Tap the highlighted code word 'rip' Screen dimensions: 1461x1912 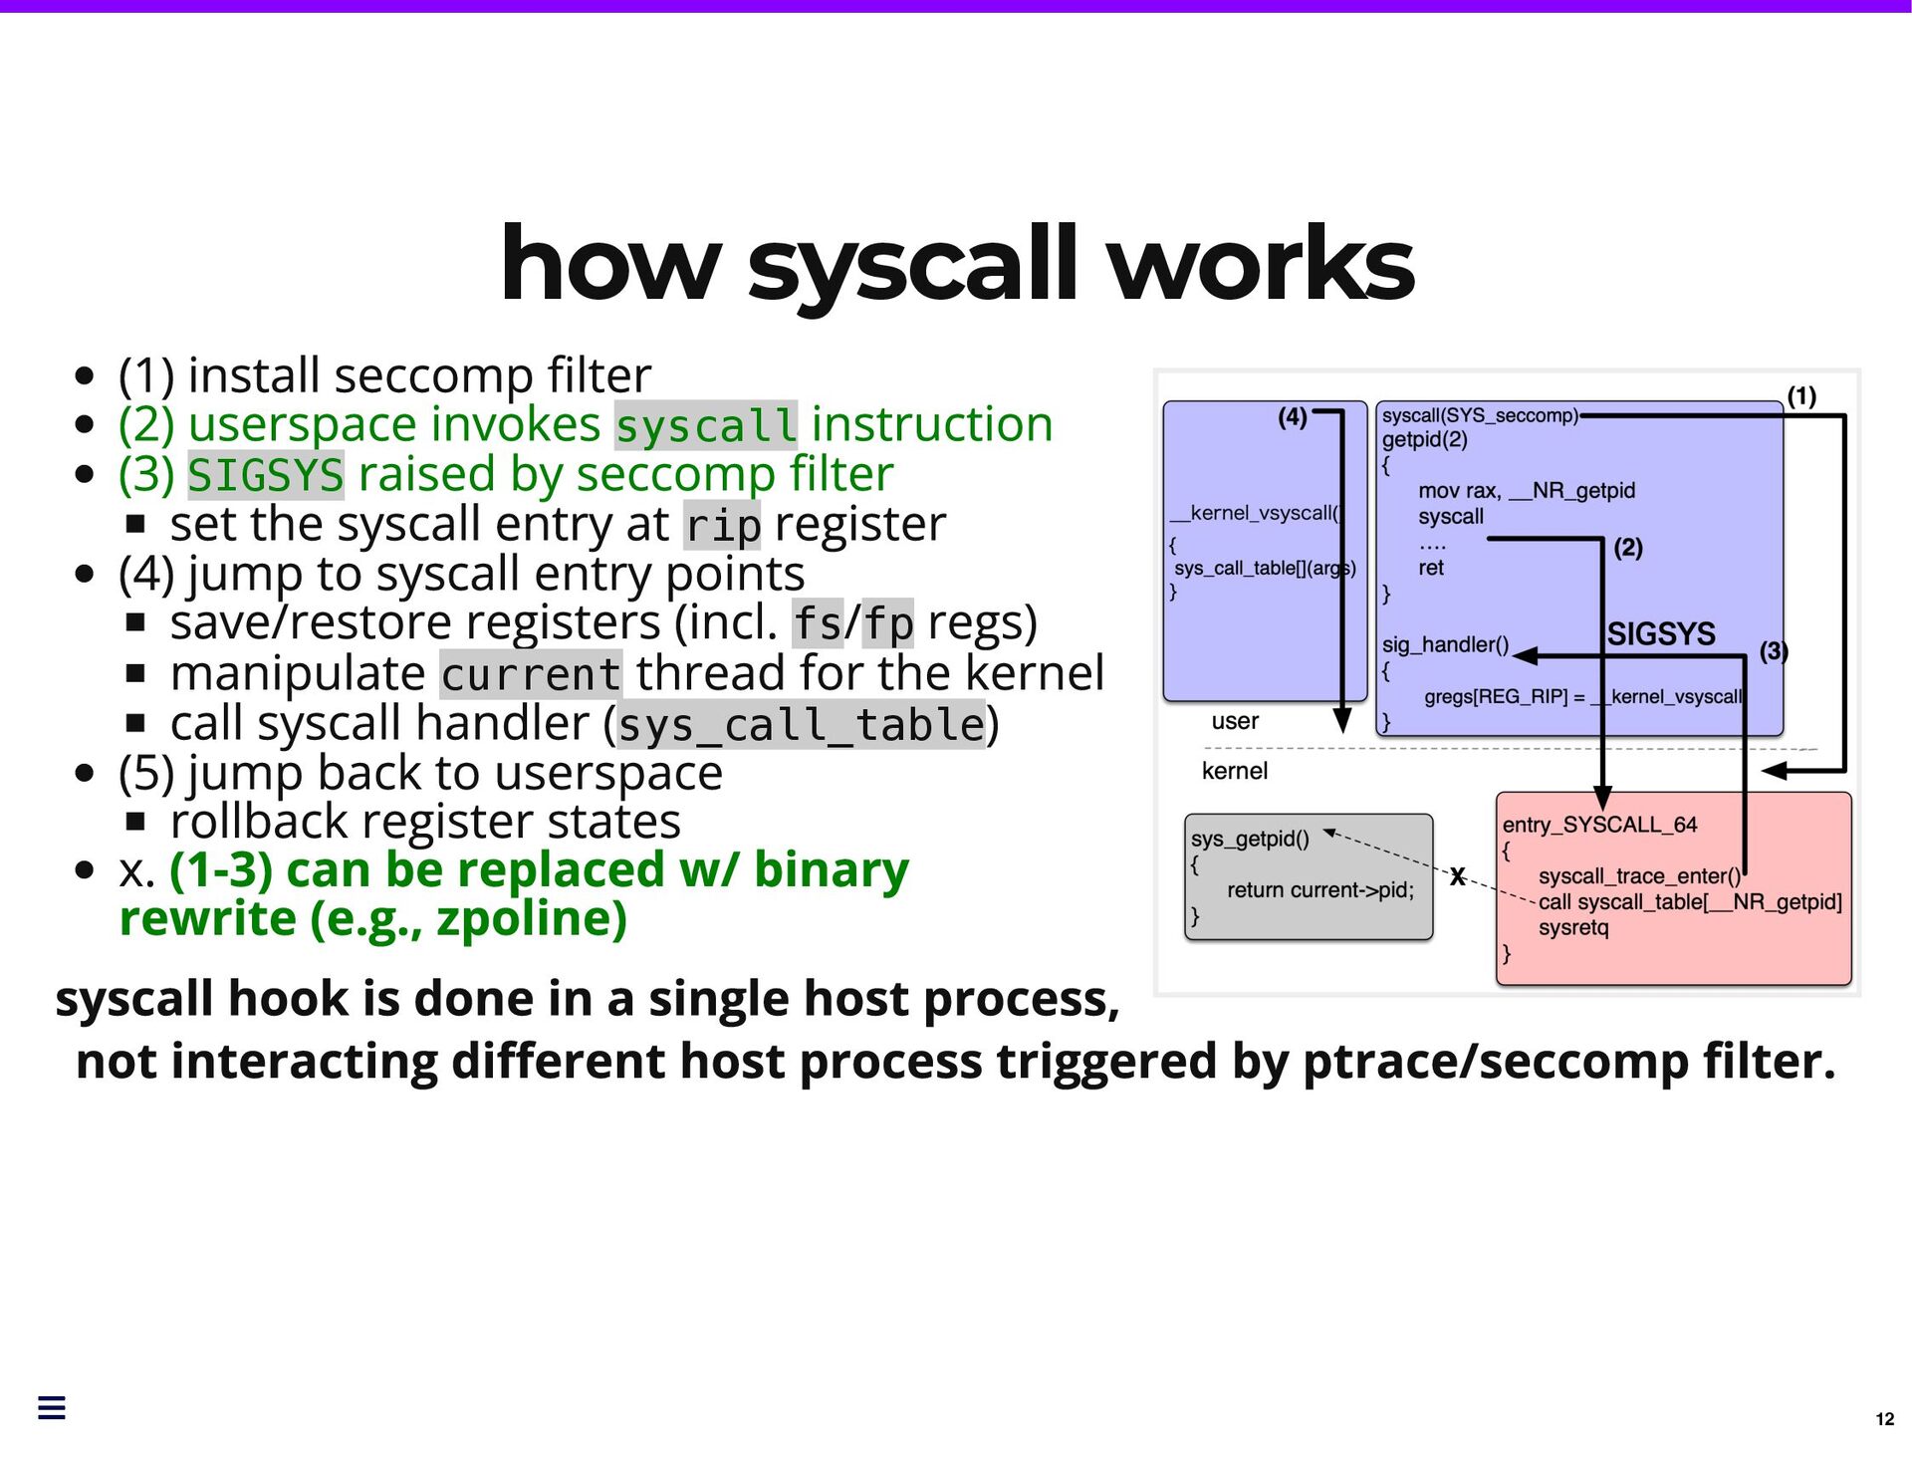(722, 525)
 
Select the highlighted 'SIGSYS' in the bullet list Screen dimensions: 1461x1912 (266, 475)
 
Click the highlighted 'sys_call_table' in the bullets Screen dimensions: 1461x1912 (802, 724)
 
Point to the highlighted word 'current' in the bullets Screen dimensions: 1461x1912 (531, 674)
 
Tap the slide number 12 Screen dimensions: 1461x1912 (1884, 1419)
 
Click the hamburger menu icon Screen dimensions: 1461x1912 (52, 1407)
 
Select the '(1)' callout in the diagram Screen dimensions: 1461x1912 (1801, 396)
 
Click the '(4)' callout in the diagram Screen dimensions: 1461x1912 (1293, 417)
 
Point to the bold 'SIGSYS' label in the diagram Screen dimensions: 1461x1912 (1661, 634)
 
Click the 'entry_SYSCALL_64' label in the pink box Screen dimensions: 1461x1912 (1599, 825)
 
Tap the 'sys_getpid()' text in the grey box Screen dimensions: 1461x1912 (1250, 839)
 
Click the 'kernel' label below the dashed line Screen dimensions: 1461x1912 (1235, 771)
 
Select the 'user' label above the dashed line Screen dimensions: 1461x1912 (1235, 721)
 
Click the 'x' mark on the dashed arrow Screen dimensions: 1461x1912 (1457, 876)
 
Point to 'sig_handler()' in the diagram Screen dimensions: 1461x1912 (1445, 645)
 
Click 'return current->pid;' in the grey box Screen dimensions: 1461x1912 (1319, 890)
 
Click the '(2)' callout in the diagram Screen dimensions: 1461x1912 (1628, 548)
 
